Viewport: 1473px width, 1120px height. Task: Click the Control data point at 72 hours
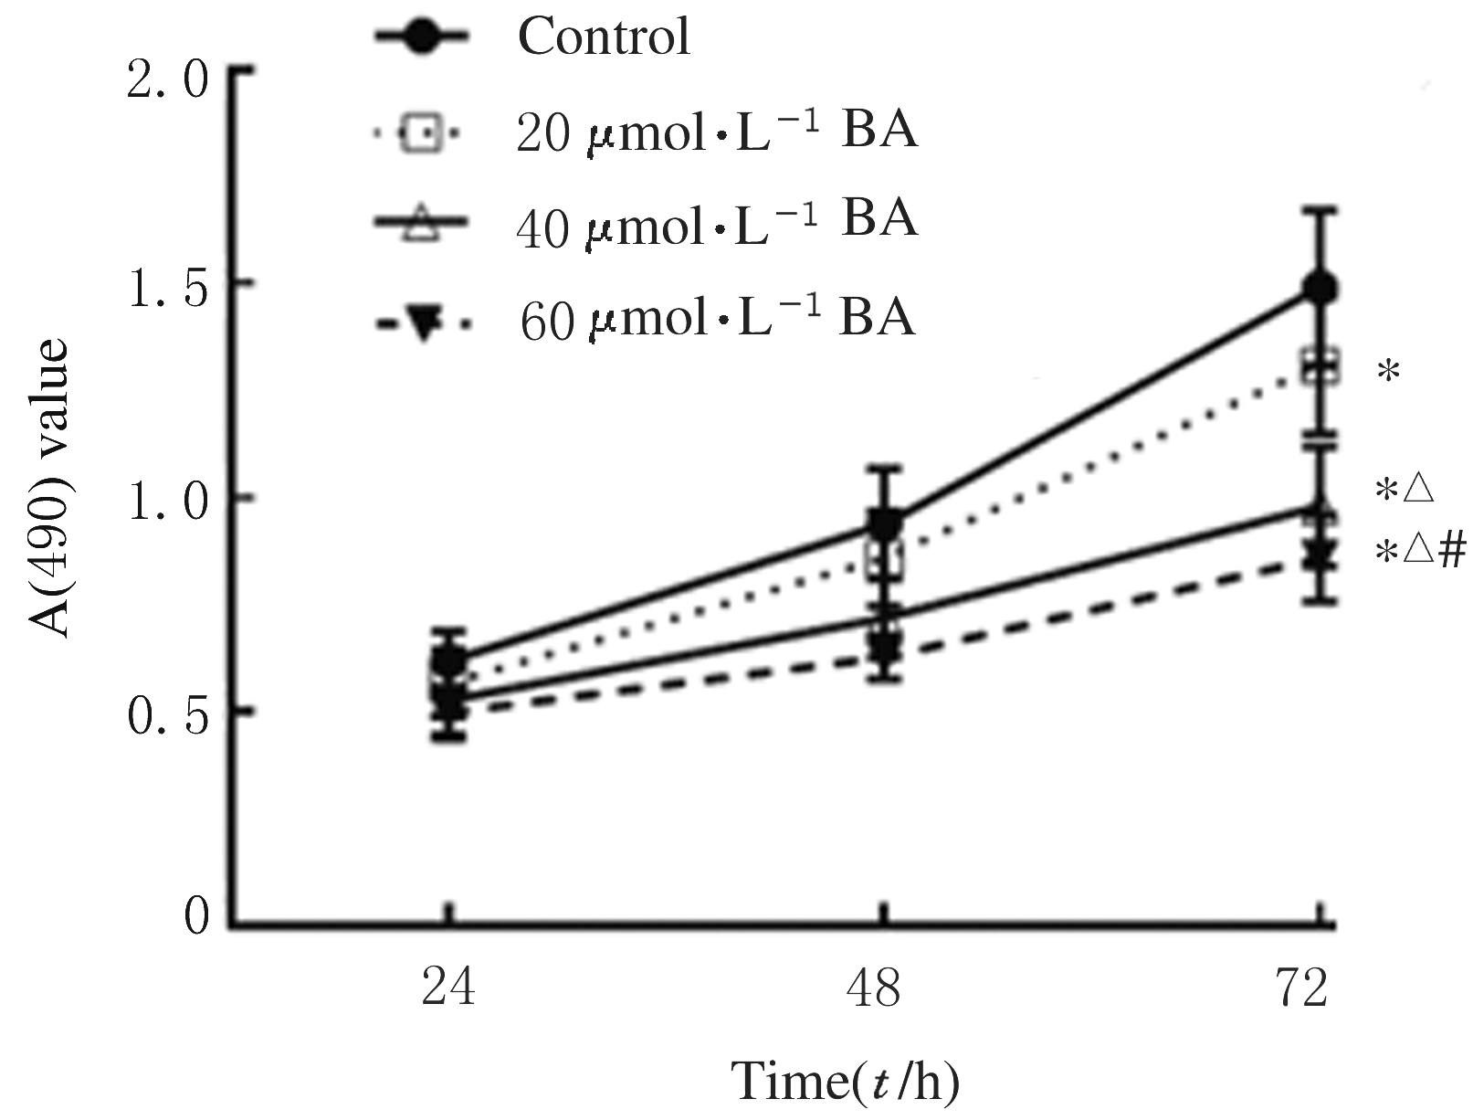click(1320, 289)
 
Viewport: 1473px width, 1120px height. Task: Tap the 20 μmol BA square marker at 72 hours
click(1320, 368)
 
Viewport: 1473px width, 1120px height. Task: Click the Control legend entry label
click(604, 37)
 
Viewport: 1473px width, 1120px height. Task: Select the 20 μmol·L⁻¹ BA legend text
click(717, 132)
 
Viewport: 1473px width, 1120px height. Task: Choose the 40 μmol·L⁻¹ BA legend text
click(717, 222)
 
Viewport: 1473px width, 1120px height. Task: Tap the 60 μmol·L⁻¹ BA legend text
click(717, 320)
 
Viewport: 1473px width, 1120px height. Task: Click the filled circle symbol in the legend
click(421, 37)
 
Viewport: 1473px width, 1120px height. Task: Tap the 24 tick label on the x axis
click(448, 989)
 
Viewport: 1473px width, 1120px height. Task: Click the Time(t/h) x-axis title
click(847, 1082)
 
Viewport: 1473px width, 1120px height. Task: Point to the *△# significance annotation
click(1421, 552)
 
